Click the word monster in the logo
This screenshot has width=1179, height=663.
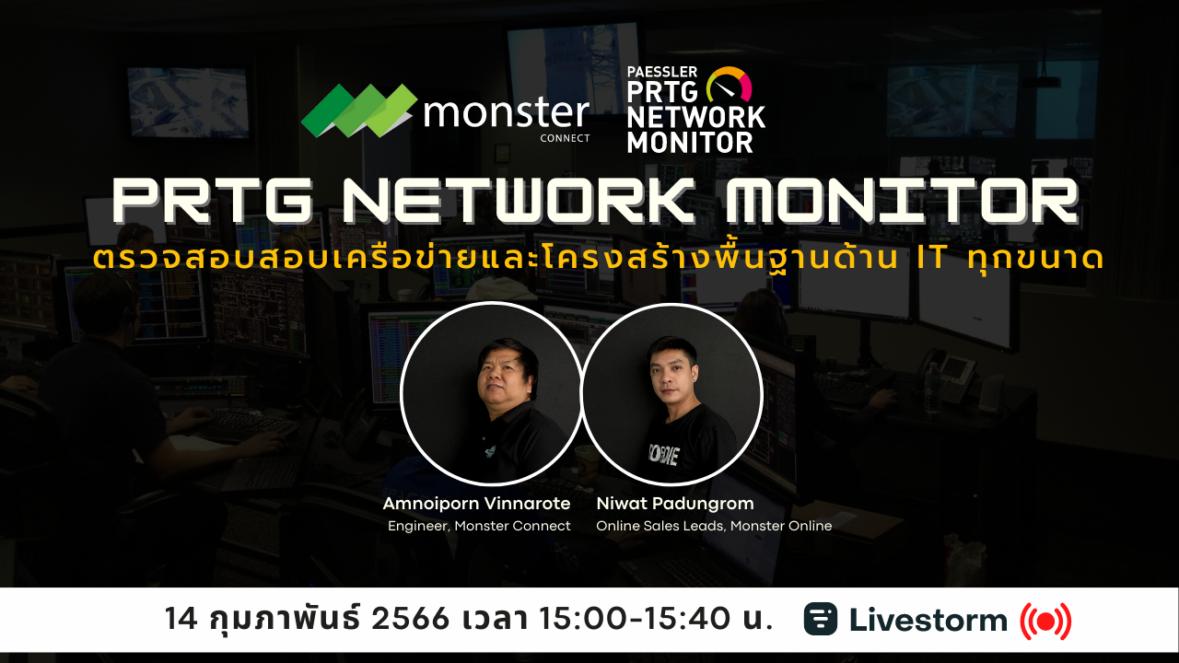(x=506, y=112)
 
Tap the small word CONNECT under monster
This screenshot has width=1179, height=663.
(x=566, y=139)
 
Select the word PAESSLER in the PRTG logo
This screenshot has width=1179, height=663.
(x=662, y=73)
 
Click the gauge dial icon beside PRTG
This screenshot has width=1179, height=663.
(x=729, y=85)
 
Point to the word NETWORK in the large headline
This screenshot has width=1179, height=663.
(x=530, y=200)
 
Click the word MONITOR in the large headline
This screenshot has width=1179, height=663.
(x=900, y=200)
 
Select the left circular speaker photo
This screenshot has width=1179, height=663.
(x=491, y=393)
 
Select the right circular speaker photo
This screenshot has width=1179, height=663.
(x=671, y=393)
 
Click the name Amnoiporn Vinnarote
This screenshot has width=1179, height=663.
(x=476, y=504)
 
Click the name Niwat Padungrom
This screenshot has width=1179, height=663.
(x=662, y=504)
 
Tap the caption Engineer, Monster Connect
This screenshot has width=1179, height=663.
(x=479, y=526)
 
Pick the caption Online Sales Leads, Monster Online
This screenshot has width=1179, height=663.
(x=714, y=526)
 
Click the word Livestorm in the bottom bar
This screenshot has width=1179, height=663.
(x=928, y=620)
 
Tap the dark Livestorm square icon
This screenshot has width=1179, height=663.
(x=821, y=619)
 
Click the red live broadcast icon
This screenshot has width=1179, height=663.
(x=1045, y=621)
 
